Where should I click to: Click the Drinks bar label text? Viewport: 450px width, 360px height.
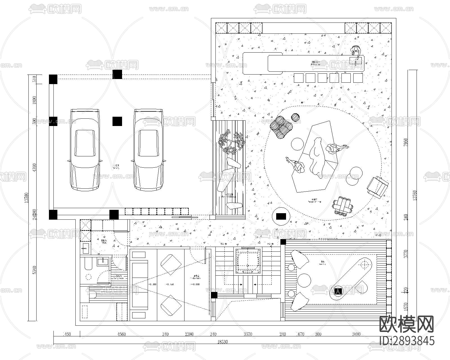click(316, 63)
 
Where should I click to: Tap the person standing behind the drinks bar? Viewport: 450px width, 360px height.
click(356, 51)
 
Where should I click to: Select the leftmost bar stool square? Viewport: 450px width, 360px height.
click(298, 78)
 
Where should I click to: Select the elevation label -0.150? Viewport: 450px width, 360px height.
click(170, 284)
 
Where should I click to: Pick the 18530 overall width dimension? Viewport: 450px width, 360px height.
click(222, 342)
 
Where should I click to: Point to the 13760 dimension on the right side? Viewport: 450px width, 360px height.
click(414, 195)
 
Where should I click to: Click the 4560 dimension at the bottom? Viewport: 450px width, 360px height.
click(121, 334)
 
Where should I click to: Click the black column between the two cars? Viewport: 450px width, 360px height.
click(117, 121)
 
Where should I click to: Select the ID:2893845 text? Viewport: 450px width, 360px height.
click(407, 341)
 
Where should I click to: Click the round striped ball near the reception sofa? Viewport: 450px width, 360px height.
click(295, 117)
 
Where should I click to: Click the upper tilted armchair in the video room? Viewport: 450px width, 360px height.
click(171, 264)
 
